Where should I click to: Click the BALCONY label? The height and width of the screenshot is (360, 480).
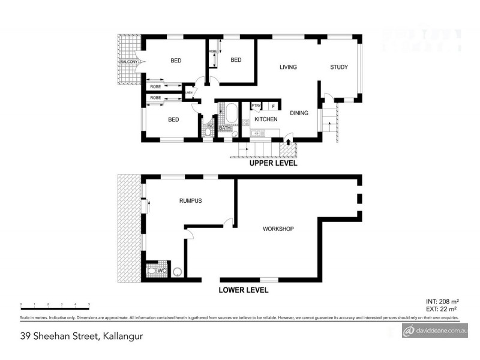(129, 62)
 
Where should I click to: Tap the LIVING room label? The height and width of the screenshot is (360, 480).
(288, 67)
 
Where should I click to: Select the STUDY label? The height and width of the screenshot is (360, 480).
(338, 67)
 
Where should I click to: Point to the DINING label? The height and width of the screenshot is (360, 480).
(299, 113)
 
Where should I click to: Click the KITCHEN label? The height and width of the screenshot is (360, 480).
(266, 119)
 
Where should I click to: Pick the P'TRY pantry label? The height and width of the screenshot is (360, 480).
(256, 106)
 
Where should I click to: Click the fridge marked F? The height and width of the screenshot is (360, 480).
(274, 106)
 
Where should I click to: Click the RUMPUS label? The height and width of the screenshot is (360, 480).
(190, 201)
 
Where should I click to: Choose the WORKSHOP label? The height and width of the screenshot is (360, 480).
(278, 229)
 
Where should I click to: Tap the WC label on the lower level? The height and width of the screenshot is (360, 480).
(161, 271)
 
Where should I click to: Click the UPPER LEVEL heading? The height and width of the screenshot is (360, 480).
(274, 163)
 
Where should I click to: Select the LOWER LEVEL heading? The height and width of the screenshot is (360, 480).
(243, 290)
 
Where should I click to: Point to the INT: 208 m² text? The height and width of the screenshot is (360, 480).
(442, 301)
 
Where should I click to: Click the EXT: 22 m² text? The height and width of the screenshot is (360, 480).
(442, 308)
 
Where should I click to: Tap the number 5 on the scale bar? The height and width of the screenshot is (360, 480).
(89, 305)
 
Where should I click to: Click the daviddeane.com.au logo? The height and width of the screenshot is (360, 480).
(435, 331)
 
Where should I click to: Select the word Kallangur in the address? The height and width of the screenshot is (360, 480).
(123, 335)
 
